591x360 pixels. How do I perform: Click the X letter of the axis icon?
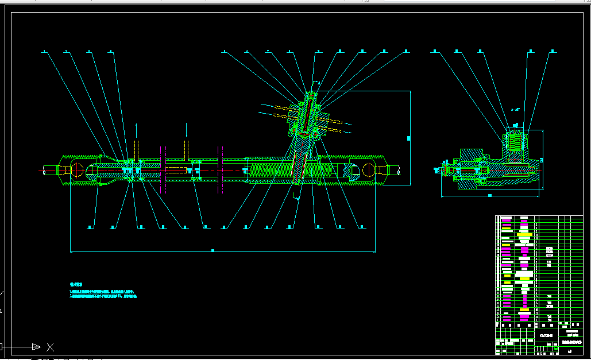click(x=50, y=347)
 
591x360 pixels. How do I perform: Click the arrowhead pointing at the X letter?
click(x=36, y=347)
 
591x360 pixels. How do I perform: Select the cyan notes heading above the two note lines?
click(x=76, y=284)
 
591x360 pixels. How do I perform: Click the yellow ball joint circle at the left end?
click(x=77, y=170)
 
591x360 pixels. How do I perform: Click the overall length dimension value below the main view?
click(x=213, y=250)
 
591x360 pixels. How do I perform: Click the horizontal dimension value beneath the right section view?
click(x=489, y=196)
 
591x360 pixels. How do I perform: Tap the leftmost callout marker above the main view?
click(x=44, y=52)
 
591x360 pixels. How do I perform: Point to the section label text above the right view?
click(x=515, y=109)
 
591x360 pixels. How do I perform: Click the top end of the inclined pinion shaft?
click(x=314, y=95)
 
